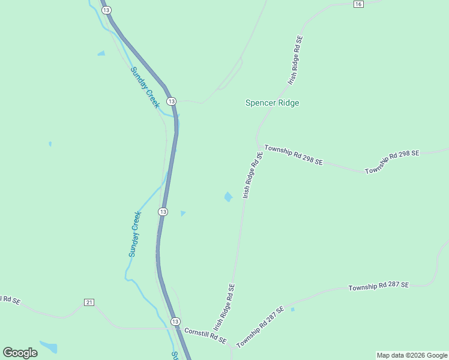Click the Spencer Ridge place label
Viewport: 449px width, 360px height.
click(272, 103)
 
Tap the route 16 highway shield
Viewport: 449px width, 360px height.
click(358, 4)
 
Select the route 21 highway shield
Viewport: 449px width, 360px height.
click(89, 302)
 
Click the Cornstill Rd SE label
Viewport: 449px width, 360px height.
click(205, 335)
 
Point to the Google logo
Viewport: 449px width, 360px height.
click(20, 353)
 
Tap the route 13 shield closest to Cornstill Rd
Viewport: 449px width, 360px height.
click(175, 322)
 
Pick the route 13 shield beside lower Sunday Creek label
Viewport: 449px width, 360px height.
click(163, 212)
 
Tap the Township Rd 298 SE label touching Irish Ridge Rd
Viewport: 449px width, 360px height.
click(294, 155)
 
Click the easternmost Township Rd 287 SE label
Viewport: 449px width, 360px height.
click(378, 286)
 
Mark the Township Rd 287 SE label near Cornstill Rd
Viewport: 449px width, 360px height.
click(260, 328)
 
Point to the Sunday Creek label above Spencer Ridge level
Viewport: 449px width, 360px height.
click(145, 88)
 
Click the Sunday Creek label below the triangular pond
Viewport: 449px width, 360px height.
click(134, 234)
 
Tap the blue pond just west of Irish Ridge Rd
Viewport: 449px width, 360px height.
click(228, 197)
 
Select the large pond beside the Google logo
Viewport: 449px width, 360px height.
click(49, 347)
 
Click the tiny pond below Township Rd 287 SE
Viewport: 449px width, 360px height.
click(292, 310)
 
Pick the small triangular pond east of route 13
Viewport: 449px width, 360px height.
click(182, 213)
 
